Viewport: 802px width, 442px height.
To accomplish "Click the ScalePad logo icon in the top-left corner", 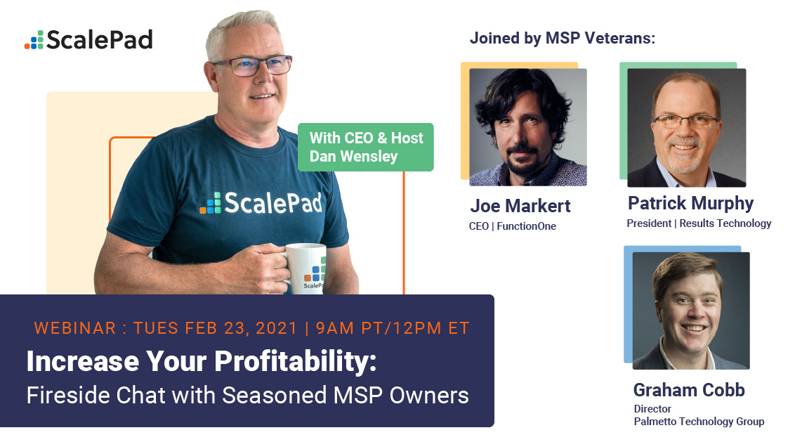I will [34, 40].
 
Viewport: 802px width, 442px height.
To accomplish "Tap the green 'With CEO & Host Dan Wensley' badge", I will [366, 147].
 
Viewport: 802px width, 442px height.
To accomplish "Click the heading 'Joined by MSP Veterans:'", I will [562, 38].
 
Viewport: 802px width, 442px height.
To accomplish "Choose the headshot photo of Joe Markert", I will [527, 127].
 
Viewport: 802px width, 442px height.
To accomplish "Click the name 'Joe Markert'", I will [520, 207].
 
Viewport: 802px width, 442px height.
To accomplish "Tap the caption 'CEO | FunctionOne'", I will [512, 226].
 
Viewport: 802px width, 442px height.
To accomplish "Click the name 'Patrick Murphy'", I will [690, 204].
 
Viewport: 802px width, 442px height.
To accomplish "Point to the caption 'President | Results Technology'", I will [699, 223].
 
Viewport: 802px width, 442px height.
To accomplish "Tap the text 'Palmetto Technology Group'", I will [699, 422].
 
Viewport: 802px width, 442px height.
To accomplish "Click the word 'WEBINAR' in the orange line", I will [74, 328].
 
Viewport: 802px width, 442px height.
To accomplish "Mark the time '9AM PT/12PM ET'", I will [393, 328].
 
